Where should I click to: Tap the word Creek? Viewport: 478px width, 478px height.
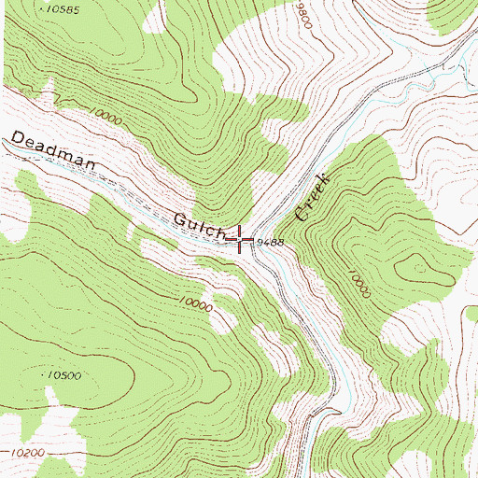[313, 195]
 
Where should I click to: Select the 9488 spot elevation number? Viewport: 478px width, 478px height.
[269, 241]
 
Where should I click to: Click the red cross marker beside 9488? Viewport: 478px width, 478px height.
[241, 239]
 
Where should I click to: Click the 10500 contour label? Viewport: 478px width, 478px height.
[64, 374]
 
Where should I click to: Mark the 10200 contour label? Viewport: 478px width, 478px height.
[31, 451]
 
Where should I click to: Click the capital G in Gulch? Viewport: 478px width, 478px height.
[180, 219]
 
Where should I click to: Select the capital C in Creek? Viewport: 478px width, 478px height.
[302, 214]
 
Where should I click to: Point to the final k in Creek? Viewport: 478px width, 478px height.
[324, 176]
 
